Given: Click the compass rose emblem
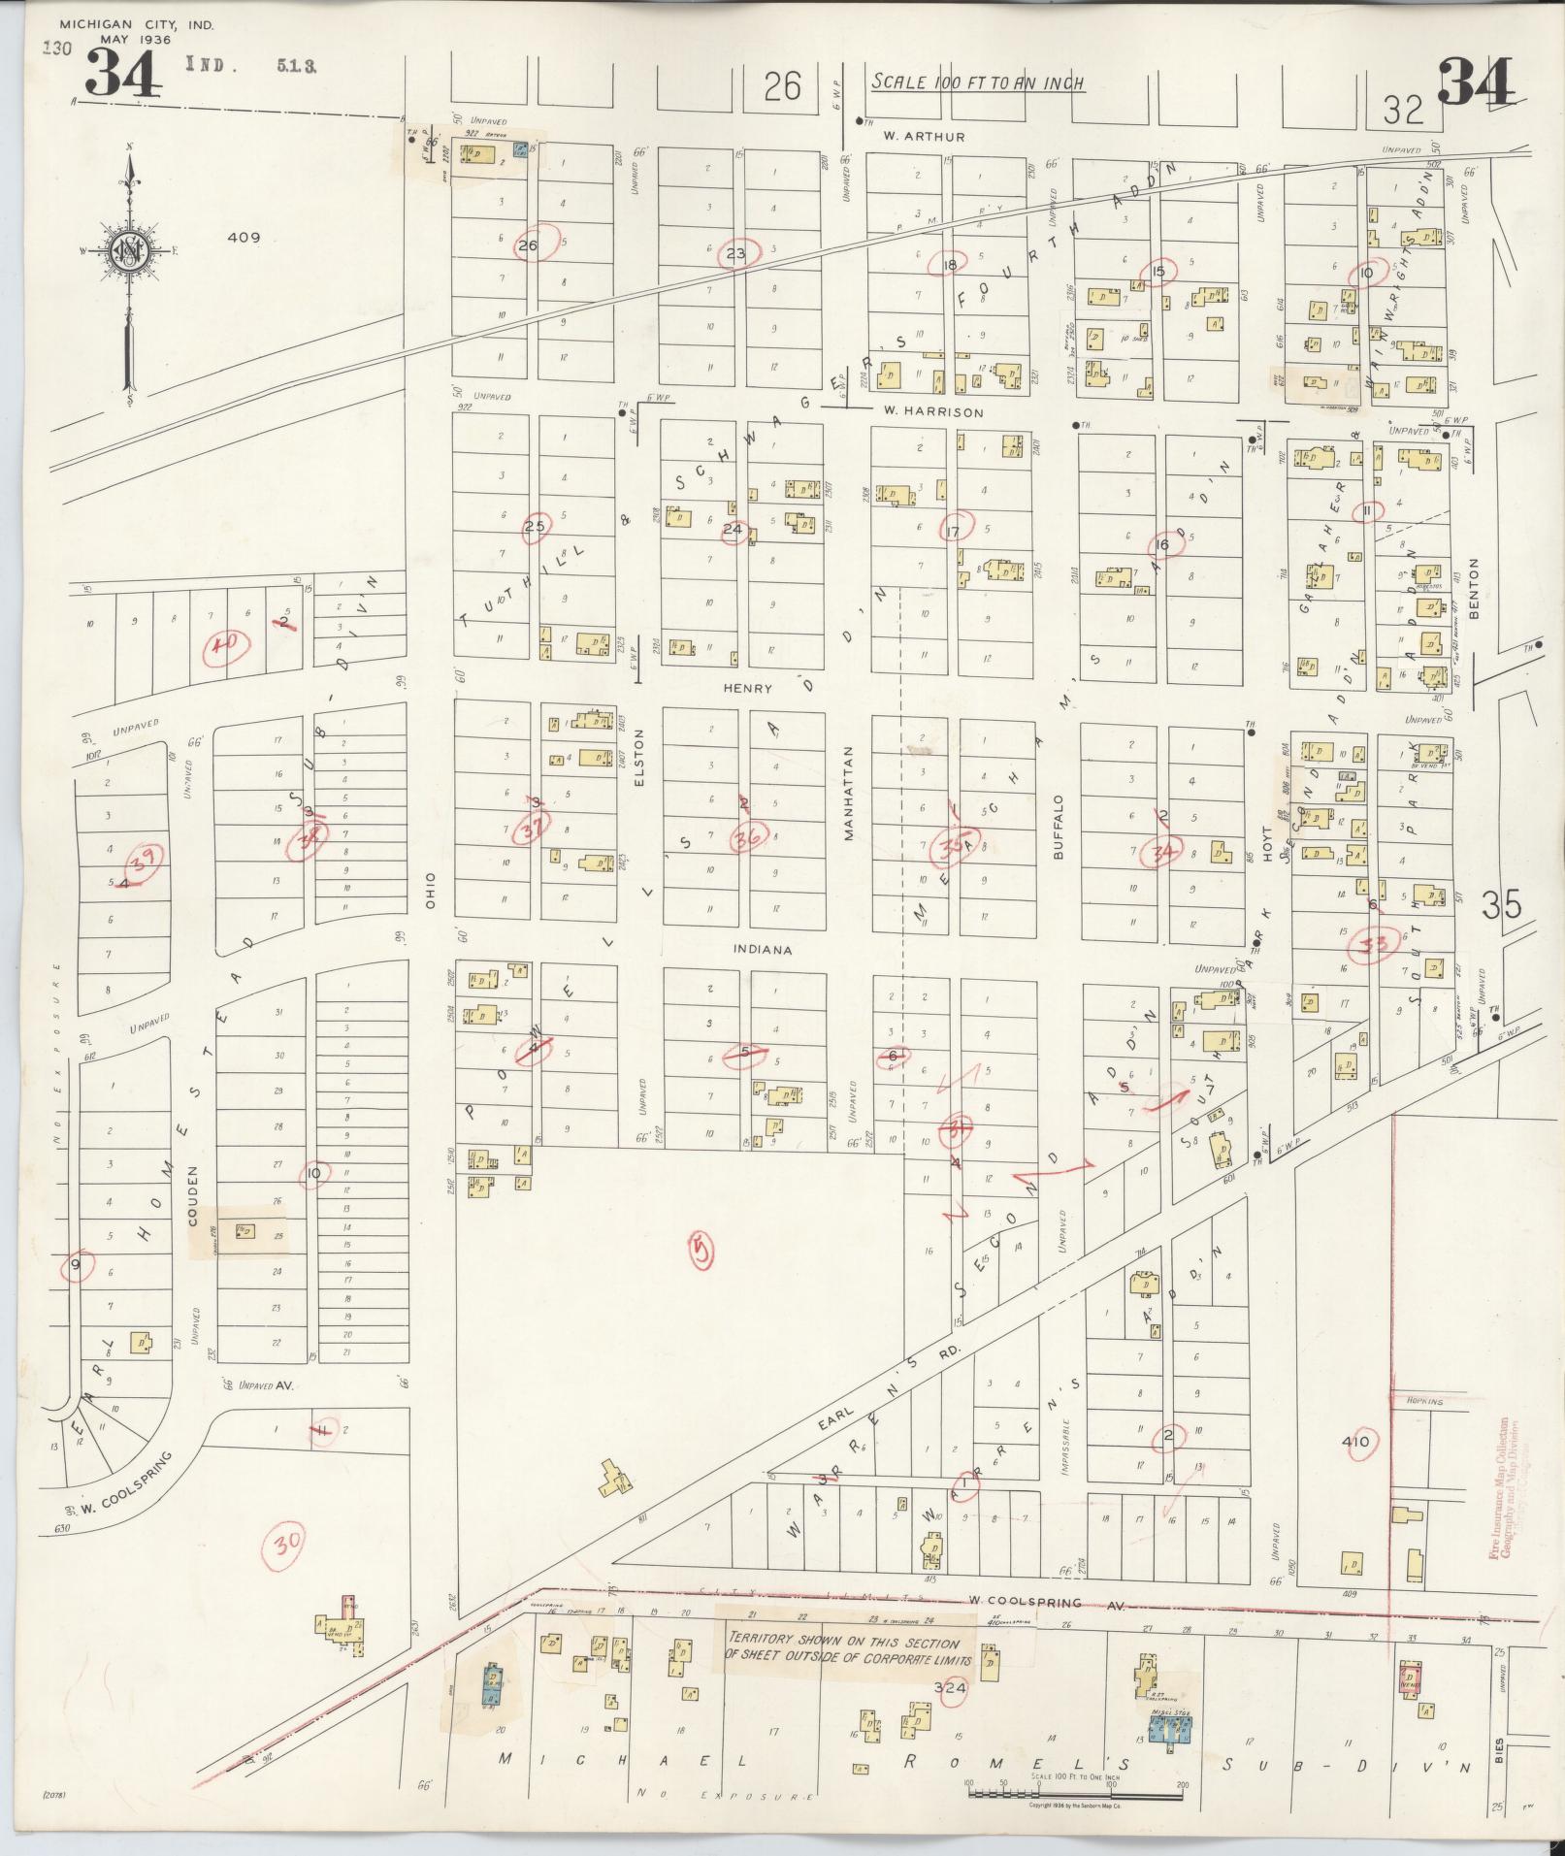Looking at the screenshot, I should pos(128,253).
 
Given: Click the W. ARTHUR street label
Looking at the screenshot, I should pos(924,137).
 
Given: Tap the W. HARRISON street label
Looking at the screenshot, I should pos(932,411).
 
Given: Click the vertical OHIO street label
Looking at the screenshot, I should pos(431,890).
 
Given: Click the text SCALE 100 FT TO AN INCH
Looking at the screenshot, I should pos(977,83).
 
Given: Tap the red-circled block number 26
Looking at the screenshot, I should pos(527,245).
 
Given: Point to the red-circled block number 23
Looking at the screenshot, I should pos(735,254).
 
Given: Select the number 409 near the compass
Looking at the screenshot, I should pos(243,237).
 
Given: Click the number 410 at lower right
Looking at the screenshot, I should pos(1354,1442).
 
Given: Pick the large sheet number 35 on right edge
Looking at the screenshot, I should pos(1502,905).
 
